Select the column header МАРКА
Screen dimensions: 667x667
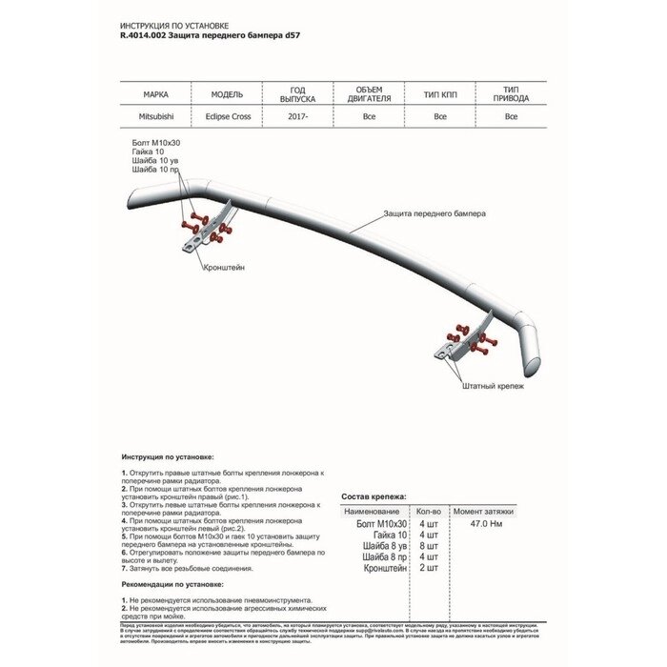(155, 95)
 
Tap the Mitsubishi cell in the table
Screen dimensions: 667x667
(155, 117)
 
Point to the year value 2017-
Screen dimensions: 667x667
(296, 117)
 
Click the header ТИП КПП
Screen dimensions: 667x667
(439, 95)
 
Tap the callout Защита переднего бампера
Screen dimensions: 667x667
(435, 214)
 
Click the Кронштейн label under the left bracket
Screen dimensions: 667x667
(224, 268)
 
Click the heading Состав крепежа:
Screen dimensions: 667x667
(374, 496)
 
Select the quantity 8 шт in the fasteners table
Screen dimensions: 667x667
(428, 546)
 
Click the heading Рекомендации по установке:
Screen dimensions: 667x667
(172, 583)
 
